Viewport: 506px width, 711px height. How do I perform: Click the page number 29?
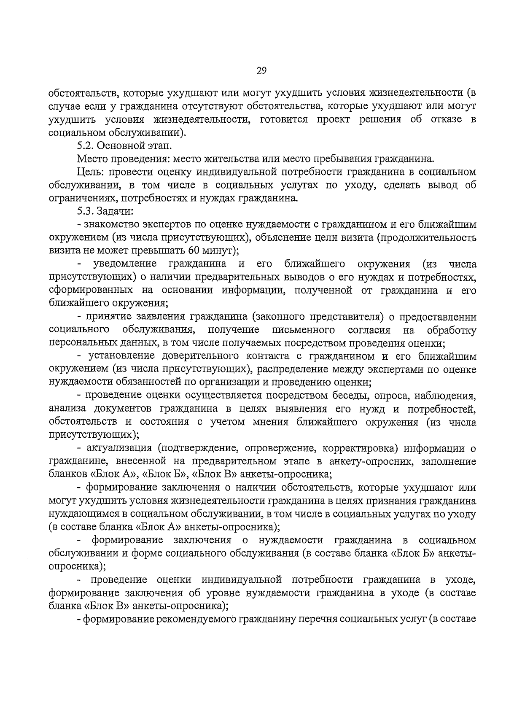tap(261, 71)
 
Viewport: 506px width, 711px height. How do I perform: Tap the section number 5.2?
tap(86, 146)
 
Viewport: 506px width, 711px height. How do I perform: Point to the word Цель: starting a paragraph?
tap(89, 172)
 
